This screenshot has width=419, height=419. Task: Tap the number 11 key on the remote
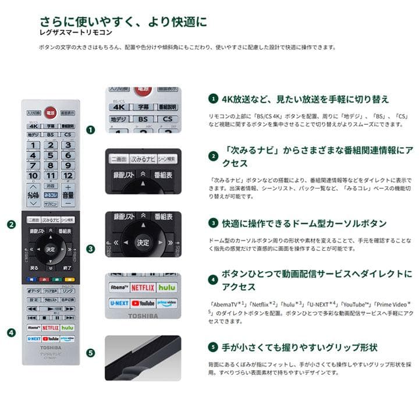51,175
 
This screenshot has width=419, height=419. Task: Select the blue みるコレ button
51,195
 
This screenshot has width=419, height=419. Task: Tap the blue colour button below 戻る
32,279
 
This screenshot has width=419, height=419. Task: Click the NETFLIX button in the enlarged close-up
143,287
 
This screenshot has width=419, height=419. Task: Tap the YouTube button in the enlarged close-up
143,303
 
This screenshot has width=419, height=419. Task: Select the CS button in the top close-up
168,119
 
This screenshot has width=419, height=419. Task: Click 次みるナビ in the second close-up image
143,158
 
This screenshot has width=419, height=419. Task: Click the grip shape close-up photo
143,357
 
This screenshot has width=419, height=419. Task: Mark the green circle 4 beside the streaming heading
214,280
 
